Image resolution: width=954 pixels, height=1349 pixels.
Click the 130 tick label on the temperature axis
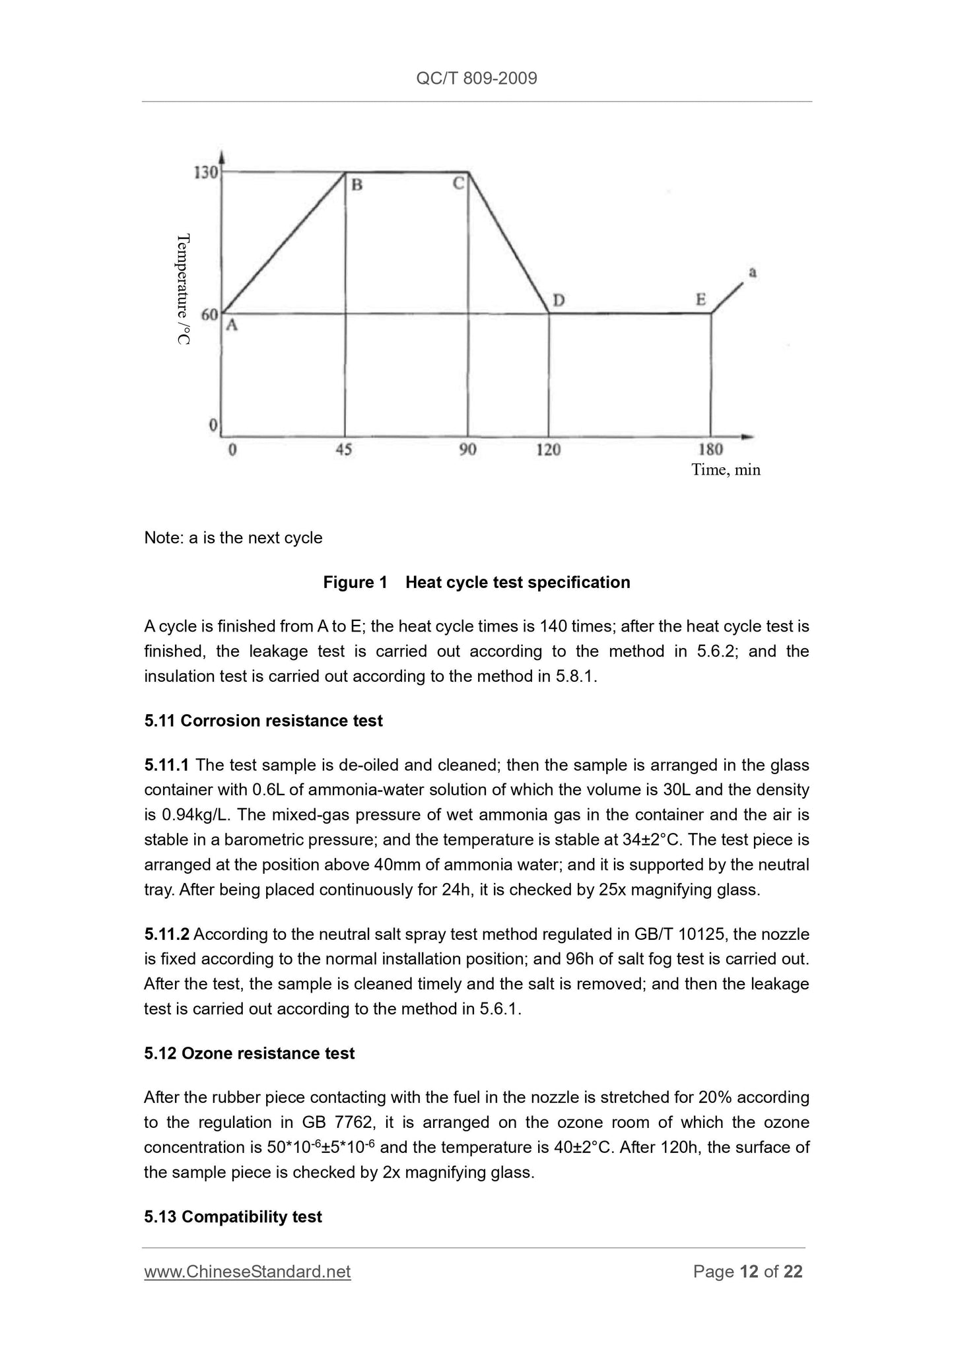click(205, 173)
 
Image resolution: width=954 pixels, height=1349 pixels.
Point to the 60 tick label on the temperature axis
click(209, 315)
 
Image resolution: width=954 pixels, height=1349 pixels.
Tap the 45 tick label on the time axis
click(344, 450)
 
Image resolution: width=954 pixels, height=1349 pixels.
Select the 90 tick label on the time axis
click(467, 450)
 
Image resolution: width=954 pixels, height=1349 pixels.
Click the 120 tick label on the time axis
click(548, 450)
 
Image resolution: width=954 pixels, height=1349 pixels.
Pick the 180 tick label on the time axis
click(710, 450)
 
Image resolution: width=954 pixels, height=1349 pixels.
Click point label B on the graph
click(357, 185)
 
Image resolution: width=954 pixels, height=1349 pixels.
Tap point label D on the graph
click(559, 301)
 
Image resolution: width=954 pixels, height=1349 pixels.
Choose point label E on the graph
click(700, 300)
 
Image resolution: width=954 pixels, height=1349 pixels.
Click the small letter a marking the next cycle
click(752, 272)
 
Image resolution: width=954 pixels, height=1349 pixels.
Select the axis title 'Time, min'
click(726, 470)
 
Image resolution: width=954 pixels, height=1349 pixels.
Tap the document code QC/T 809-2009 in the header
click(477, 79)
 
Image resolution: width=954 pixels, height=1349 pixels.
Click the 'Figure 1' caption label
click(355, 582)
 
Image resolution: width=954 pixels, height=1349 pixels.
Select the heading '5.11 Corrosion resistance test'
click(263, 721)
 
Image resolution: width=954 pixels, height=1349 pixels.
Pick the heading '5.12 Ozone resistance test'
click(249, 1053)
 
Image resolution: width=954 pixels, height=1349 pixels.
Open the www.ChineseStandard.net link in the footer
click(247, 1272)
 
